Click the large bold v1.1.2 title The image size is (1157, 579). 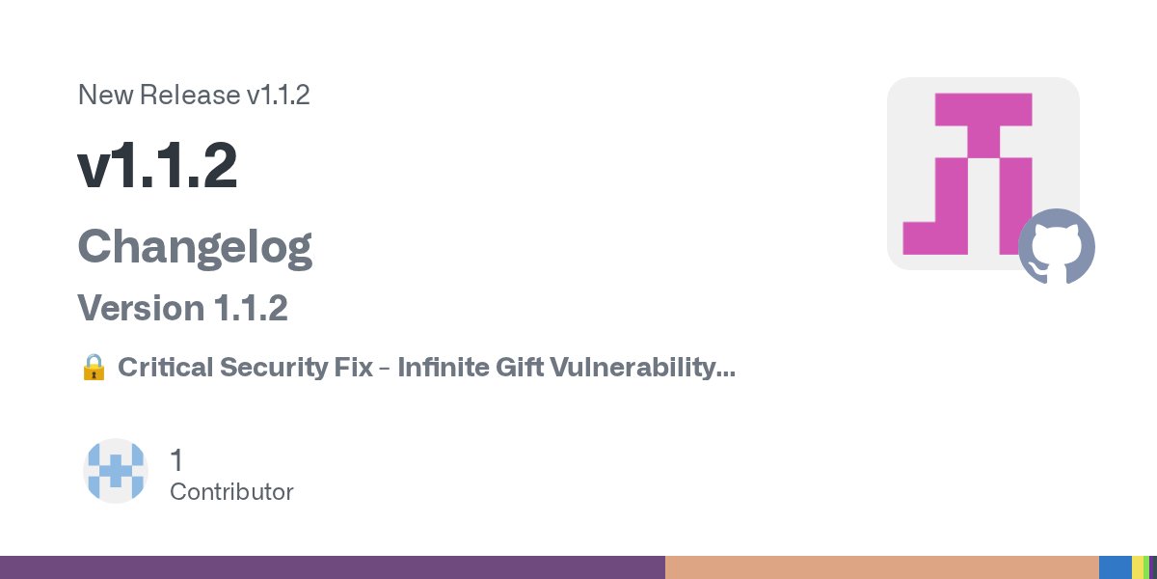157,168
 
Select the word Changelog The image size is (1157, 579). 195,247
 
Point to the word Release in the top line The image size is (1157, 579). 190,96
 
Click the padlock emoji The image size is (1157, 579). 94,368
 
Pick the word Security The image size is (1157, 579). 274,368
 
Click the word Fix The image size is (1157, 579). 356,368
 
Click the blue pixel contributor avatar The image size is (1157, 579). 116,471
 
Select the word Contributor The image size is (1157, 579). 231,492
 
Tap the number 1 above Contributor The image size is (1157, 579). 176,460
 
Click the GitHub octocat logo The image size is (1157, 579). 1057,246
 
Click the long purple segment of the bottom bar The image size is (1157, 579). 333,567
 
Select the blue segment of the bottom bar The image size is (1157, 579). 1115,567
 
